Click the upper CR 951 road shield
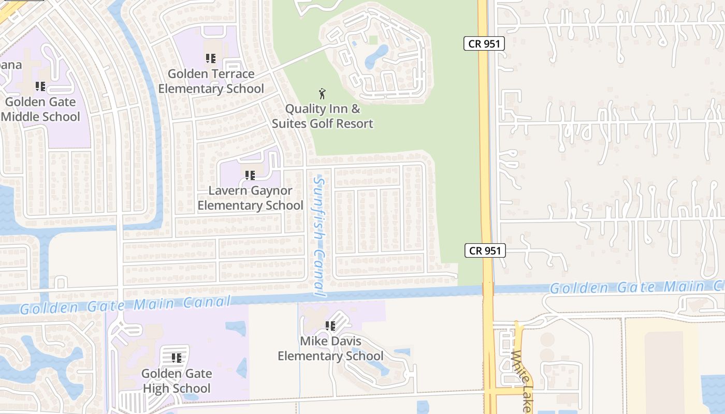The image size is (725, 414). pyautogui.click(x=484, y=44)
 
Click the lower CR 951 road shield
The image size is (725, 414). pyautogui.click(x=485, y=251)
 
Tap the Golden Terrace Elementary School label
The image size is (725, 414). pyautogui.click(x=211, y=81)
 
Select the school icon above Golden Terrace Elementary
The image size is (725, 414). pyautogui.click(x=210, y=58)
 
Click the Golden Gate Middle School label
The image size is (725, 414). pyautogui.click(x=40, y=109)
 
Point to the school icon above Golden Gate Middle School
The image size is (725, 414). pyautogui.click(x=40, y=86)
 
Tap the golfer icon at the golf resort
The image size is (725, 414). pyautogui.click(x=323, y=94)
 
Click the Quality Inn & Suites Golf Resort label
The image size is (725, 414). pyautogui.click(x=323, y=116)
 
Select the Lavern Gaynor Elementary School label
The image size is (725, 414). pyautogui.click(x=250, y=198)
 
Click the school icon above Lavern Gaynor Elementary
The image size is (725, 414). pyautogui.click(x=250, y=175)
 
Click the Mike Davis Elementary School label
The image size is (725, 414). pyautogui.click(x=330, y=349)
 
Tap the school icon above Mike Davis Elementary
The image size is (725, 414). pyautogui.click(x=330, y=326)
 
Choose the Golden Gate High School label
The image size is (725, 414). pyautogui.click(x=176, y=381)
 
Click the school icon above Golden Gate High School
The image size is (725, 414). pyautogui.click(x=177, y=358)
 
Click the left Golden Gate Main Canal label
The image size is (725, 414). pyautogui.click(x=124, y=305)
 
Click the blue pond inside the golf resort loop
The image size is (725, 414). pyautogui.click(x=377, y=56)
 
